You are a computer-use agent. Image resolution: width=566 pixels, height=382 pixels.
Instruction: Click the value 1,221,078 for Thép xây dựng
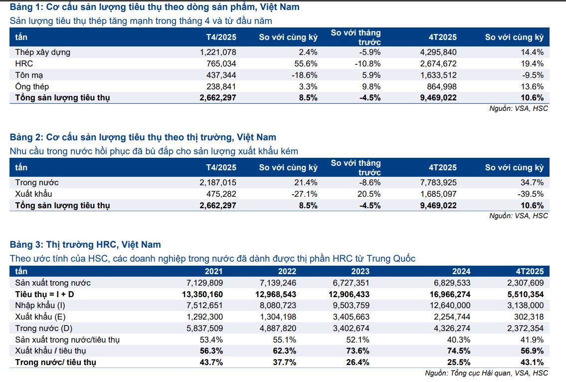218,52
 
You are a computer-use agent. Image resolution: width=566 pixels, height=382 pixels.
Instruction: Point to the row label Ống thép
32,86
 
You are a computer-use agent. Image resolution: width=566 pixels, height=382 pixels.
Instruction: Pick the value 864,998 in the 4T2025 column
438,86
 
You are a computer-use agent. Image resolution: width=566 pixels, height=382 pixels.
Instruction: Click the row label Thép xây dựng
42,52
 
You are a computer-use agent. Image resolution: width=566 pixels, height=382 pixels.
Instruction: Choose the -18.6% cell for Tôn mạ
305,75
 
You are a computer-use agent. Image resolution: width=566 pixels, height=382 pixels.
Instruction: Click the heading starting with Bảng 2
143,137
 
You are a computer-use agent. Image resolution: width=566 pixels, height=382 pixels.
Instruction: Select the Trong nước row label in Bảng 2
37,182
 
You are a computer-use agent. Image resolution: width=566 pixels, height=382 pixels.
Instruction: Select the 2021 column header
213,272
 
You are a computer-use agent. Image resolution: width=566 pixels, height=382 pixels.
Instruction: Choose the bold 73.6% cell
358,351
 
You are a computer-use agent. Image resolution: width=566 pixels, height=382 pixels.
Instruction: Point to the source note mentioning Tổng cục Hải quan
486,373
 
